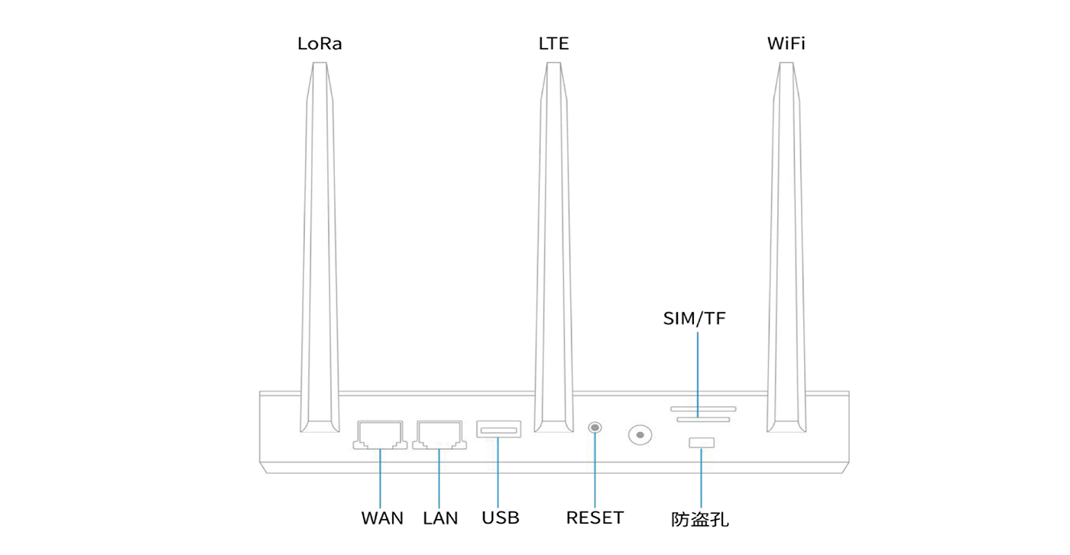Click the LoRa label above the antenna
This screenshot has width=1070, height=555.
319,44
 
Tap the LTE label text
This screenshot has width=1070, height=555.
553,44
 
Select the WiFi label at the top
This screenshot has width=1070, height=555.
786,44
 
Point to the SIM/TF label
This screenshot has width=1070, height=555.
694,319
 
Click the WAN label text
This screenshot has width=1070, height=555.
382,518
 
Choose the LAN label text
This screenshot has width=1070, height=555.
440,518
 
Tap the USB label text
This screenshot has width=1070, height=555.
501,518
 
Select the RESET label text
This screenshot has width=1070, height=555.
595,518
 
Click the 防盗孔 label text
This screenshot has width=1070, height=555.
700,520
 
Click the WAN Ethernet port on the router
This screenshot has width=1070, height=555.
380,434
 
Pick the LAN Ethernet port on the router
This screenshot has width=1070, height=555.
439,434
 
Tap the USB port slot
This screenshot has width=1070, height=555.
498,429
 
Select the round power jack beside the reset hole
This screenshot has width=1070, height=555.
640,435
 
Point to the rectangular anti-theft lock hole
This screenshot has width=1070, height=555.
701,443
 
